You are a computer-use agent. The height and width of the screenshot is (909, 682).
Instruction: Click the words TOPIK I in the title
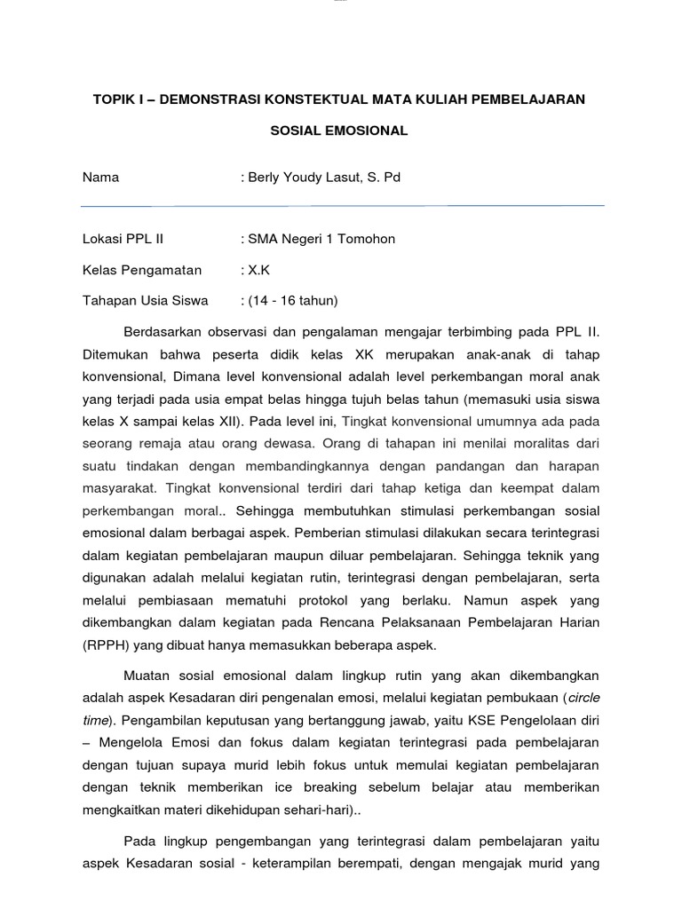[x=121, y=99]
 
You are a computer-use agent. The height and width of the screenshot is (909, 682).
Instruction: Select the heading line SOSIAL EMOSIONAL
[x=339, y=130]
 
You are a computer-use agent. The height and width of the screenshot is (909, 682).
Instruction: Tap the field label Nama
[x=100, y=178]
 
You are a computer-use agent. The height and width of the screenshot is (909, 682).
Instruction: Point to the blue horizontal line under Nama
[x=342, y=206]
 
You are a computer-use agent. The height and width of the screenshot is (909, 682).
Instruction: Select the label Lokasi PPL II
[x=123, y=239]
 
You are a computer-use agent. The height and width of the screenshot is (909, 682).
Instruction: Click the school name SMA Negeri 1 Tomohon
[x=321, y=239]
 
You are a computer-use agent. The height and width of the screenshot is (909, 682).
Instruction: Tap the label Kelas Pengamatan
[x=142, y=270]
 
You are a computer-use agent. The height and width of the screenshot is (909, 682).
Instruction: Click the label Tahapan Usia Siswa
[x=145, y=301]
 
